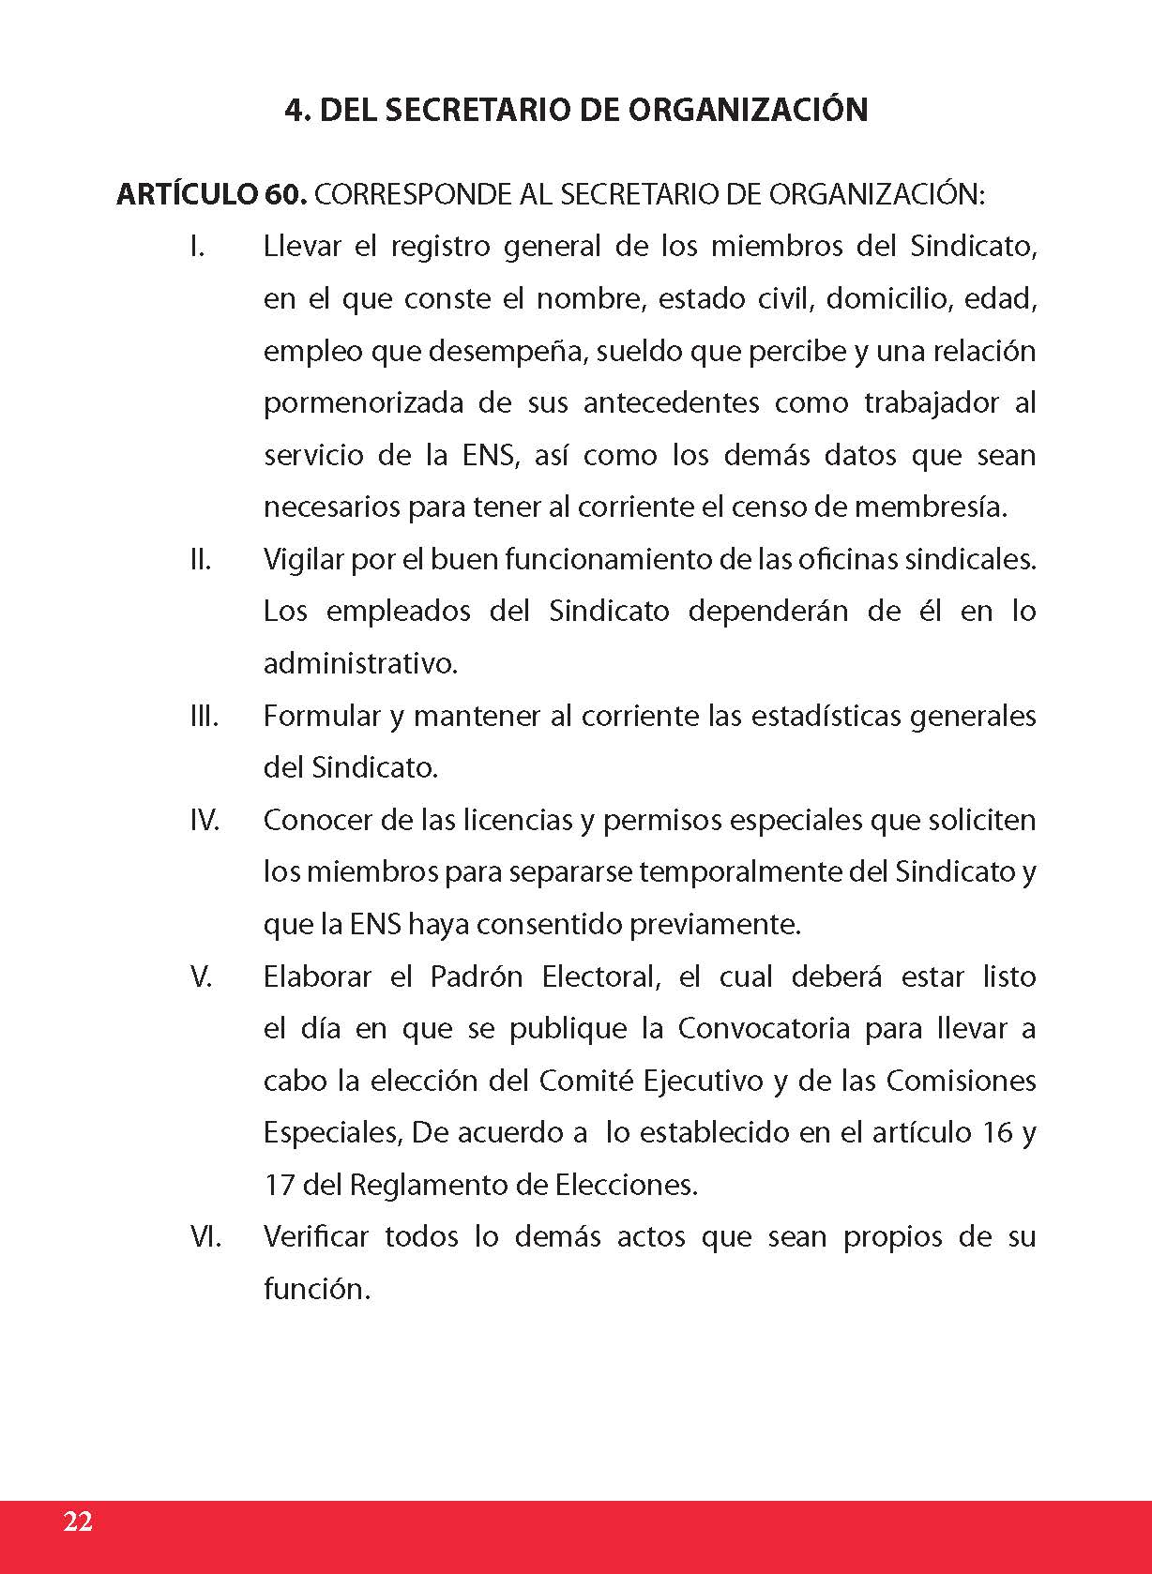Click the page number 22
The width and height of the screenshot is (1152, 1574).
pyautogui.click(x=78, y=1521)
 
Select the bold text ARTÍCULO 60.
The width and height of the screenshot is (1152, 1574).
pyautogui.click(x=211, y=195)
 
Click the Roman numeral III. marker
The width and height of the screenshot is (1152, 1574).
pyautogui.click(x=204, y=717)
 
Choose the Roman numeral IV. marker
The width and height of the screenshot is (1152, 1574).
pyautogui.click(x=205, y=821)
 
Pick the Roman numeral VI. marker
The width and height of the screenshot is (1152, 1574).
pyautogui.click(x=205, y=1237)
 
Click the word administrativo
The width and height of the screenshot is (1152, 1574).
pyautogui.click(x=360, y=664)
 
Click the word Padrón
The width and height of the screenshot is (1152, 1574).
pyautogui.click(x=476, y=977)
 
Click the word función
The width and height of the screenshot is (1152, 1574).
pyautogui.click(x=316, y=1290)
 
